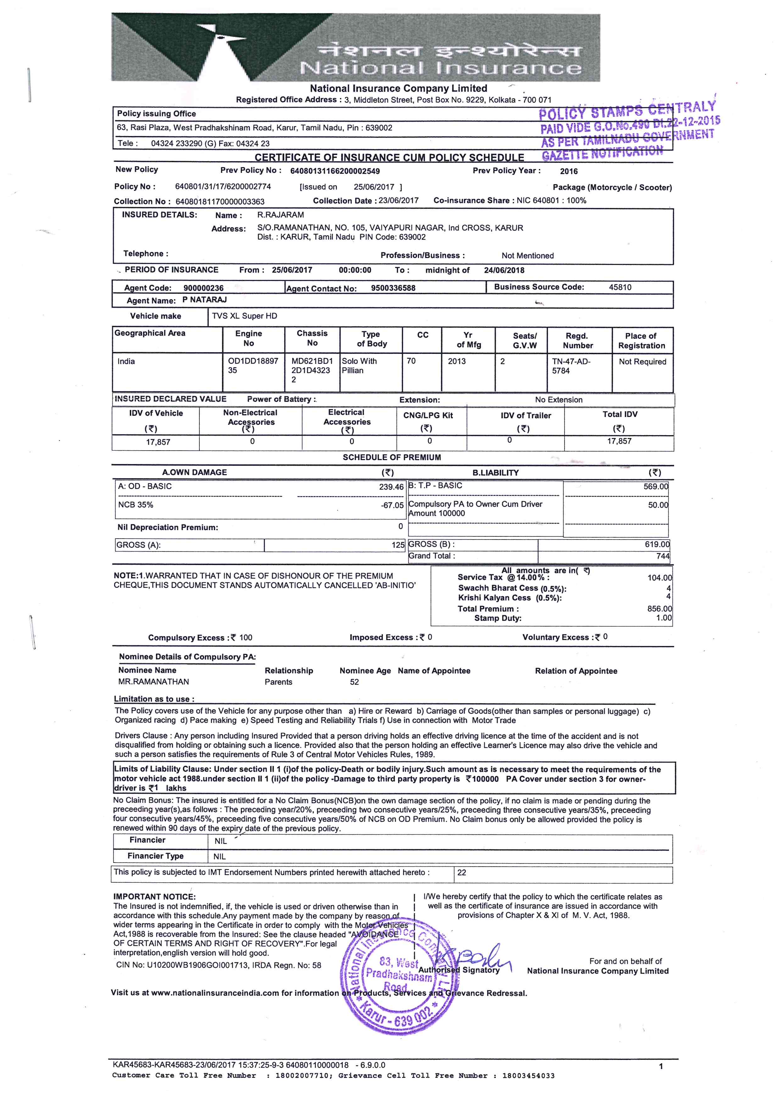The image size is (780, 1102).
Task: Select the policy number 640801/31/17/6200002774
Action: tap(223, 187)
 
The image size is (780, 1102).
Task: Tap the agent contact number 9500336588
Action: tap(393, 288)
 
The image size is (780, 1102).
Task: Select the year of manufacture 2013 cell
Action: tap(457, 361)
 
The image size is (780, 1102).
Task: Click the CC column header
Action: tap(423, 335)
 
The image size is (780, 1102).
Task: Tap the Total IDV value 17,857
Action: tap(619, 441)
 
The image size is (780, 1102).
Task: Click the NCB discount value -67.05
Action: tap(392, 505)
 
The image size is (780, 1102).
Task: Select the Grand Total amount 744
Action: tap(662, 556)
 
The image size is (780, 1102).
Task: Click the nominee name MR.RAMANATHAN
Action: tap(154, 682)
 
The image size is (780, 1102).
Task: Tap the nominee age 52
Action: tap(354, 682)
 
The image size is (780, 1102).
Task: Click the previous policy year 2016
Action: tap(569, 171)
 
